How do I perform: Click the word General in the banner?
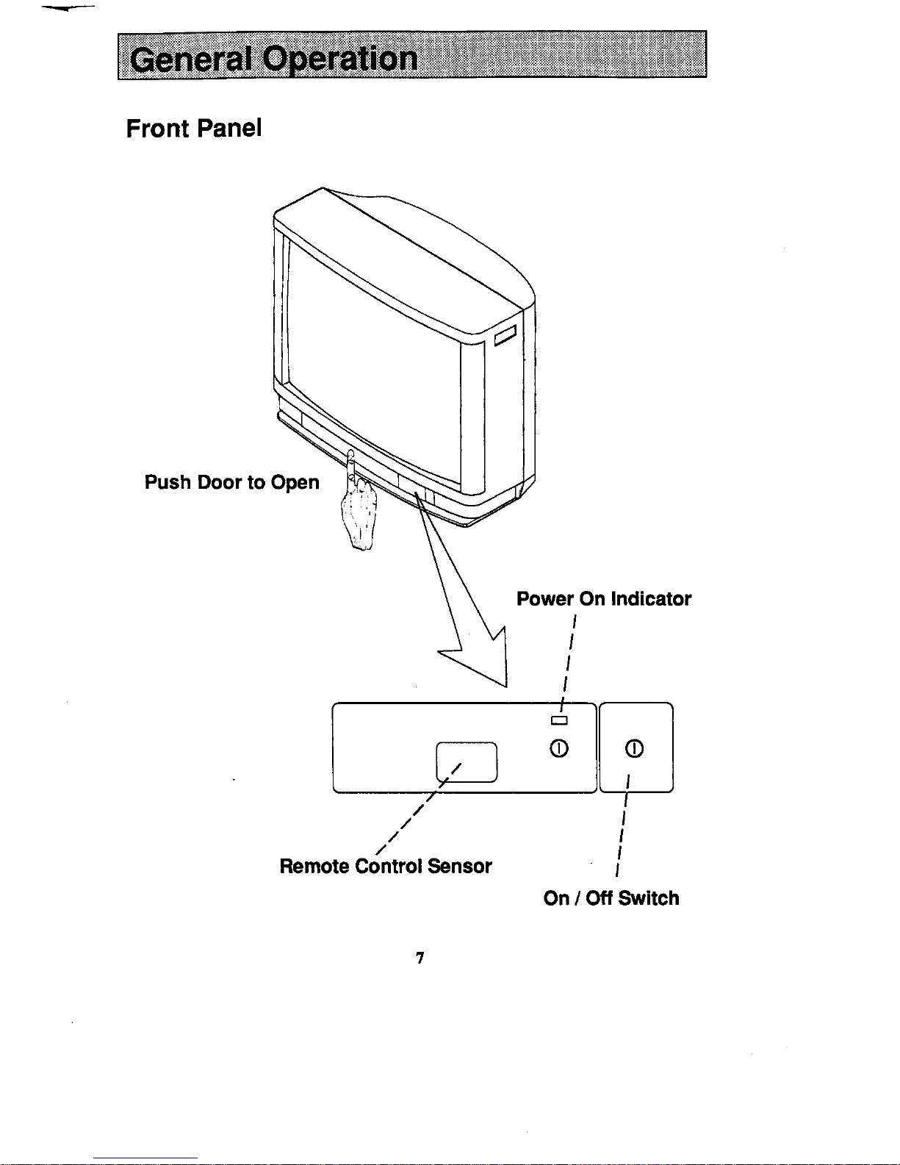191,60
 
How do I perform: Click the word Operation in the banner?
340,60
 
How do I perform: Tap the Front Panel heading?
194,129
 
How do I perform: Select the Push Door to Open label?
232,482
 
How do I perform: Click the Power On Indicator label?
604,599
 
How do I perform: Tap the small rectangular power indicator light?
559,721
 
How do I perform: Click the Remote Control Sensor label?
386,867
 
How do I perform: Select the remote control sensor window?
467,762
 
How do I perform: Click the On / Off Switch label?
611,898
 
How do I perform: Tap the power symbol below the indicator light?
559,748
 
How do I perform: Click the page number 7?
420,958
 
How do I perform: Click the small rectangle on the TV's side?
505,336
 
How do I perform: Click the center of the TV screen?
374,365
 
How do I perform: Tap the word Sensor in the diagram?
460,867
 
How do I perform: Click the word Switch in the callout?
648,898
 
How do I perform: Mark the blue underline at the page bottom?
145,1158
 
